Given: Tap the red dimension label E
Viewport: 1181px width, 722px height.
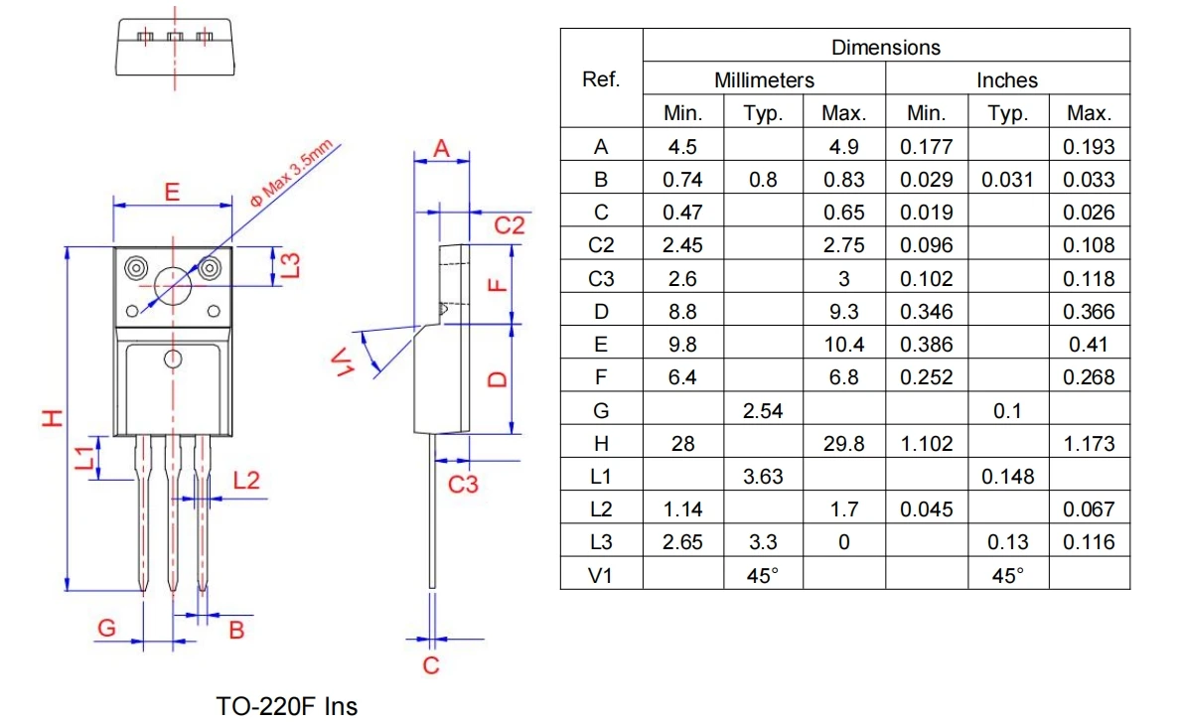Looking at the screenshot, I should pos(171,192).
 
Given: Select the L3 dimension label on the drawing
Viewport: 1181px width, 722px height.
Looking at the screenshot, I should pos(291,265).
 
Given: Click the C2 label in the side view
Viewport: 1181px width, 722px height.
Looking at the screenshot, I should pos(510,226).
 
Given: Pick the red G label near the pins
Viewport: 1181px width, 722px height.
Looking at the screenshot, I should pos(106,628).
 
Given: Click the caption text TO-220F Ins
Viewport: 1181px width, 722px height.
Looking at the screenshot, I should pos(287,706).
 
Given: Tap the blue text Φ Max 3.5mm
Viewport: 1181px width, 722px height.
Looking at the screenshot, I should pos(295,171).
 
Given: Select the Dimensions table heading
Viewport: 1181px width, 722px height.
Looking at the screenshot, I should pos(885,47).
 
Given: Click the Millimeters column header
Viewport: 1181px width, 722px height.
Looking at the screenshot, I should pos(764,79).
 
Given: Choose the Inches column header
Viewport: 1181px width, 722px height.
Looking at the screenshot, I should pos(1006,79).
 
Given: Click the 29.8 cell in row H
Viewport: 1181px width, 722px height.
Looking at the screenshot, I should pos(843,444).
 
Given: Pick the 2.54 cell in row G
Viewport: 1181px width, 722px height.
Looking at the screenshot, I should pos(763,410).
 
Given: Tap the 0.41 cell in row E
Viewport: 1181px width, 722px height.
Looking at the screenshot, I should pos(1089,345).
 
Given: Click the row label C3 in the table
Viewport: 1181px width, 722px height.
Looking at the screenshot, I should pos(601,279).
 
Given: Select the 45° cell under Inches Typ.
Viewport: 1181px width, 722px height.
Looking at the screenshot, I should pos(1007,575).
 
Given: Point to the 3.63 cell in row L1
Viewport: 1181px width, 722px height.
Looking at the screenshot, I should pos(763,477).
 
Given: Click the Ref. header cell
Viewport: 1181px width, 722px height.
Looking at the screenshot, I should pos(601,79).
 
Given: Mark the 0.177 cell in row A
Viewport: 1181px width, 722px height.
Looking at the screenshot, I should pos(926,147).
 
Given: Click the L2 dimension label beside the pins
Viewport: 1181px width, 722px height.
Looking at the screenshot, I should pos(246,481).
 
